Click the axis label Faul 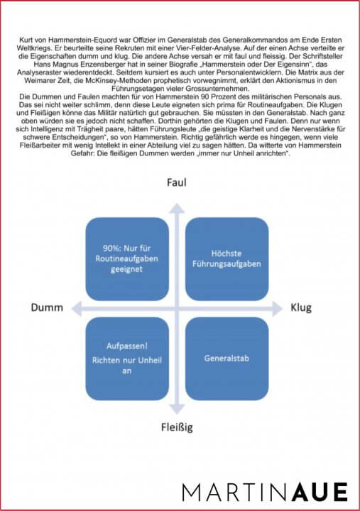tap(176, 182)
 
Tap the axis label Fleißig tap(177, 427)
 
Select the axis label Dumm tap(47, 307)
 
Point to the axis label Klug tap(301, 307)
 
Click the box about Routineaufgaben tap(127, 259)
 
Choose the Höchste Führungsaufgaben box tap(227, 259)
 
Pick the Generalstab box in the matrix tap(227, 358)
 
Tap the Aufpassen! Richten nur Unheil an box tap(127, 358)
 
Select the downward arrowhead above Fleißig tap(177, 409)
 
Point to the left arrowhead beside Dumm tap(76, 309)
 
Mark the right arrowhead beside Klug tap(278, 309)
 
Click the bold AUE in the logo tap(320, 492)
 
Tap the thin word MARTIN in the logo tap(235, 492)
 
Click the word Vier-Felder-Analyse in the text tap(200, 48)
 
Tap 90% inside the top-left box tap(110, 248)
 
